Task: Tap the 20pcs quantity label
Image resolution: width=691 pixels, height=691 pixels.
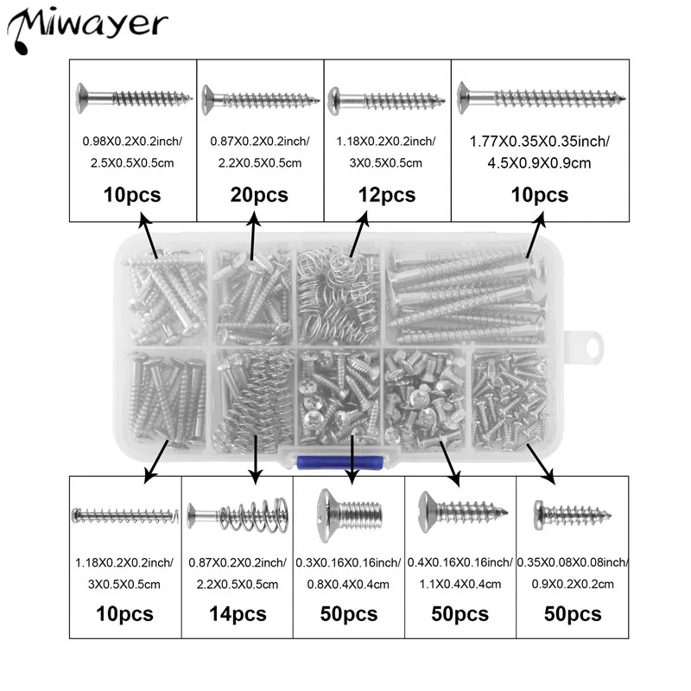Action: click(260, 195)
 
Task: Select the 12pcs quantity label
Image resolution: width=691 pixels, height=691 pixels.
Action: click(386, 195)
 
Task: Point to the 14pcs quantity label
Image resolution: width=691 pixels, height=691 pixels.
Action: click(238, 614)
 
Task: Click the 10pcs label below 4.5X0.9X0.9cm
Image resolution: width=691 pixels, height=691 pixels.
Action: click(539, 195)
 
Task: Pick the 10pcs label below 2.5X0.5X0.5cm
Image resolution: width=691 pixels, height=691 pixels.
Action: click(133, 195)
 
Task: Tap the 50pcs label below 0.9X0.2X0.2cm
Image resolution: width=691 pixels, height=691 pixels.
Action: click(572, 614)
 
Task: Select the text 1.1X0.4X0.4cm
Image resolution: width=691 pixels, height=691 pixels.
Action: click(460, 583)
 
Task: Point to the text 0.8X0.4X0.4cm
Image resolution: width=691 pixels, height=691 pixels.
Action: click(349, 583)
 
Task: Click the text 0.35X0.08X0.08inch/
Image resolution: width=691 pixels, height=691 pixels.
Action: click(572, 562)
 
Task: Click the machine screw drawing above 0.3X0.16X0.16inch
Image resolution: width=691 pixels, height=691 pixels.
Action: click(349, 515)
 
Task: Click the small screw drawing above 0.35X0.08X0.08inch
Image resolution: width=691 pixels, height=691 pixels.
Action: click(572, 517)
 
